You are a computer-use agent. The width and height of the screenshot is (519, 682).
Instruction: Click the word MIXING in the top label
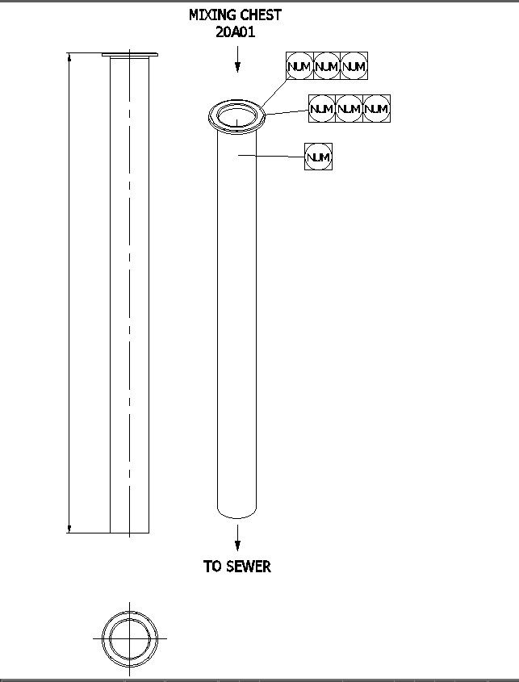click(213, 15)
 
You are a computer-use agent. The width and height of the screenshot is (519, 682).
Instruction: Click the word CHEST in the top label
click(261, 15)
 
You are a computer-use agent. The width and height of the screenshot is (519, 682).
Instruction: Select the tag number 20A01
click(236, 32)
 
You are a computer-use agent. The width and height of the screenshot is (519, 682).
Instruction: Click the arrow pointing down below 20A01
click(237, 60)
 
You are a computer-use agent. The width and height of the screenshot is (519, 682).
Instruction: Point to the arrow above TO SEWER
click(237, 536)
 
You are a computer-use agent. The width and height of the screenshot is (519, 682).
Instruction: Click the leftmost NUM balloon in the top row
click(299, 66)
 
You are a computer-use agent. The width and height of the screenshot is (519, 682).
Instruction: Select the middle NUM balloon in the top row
click(326, 66)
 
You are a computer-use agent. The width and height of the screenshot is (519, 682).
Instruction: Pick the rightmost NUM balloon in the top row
click(354, 66)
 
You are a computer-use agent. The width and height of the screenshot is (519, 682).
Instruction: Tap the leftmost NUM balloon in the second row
click(321, 108)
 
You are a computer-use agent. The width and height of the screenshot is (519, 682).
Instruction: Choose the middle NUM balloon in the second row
click(349, 108)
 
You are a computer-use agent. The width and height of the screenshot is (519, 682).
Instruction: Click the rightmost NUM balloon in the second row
click(376, 108)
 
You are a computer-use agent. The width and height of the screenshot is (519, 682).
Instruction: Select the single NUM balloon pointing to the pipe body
click(319, 157)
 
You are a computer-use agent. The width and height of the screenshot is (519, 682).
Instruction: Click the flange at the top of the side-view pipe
click(129, 55)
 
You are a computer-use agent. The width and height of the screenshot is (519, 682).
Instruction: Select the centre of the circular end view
click(129, 637)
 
